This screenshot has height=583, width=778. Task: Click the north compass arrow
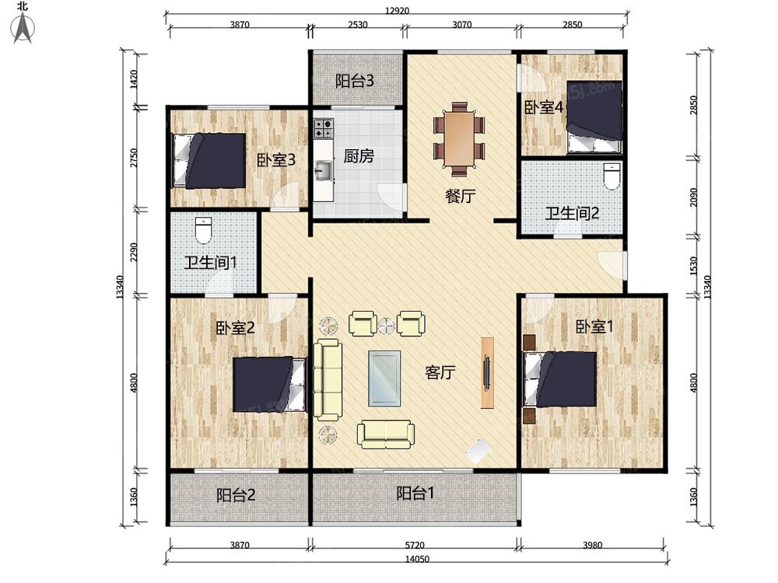(x=23, y=28)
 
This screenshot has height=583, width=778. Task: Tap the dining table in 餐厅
(x=460, y=139)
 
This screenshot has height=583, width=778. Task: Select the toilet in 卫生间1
(x=203, y=230)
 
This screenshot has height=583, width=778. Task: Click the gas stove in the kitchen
(x=323, y=128)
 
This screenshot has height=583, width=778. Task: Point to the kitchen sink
(x=323, y=172)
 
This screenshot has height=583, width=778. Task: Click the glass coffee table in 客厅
(x=384, y=379)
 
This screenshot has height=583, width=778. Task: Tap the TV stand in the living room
(x=487, y=373)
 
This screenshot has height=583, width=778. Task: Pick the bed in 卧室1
(x=560, y=379)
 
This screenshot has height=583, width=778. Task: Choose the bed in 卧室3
(x=209, y=161)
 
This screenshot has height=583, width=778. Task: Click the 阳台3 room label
(x=354, y=81)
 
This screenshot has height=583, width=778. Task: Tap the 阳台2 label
(x=236, y=494)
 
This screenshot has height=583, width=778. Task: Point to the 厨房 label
(x=358, y=156)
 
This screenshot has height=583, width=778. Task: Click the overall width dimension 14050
(x=417, y=559)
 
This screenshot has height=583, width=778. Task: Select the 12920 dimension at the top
(x=397, y=10)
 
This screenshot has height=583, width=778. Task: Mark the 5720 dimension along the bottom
(x=415, y=546)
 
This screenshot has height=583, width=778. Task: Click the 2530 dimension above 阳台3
(x=357, y=24)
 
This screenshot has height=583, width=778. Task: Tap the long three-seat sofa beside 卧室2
(x=328, y=379)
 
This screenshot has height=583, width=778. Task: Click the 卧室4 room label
(x=545, y=107)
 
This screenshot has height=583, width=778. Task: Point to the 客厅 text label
(x=440, y=372)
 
